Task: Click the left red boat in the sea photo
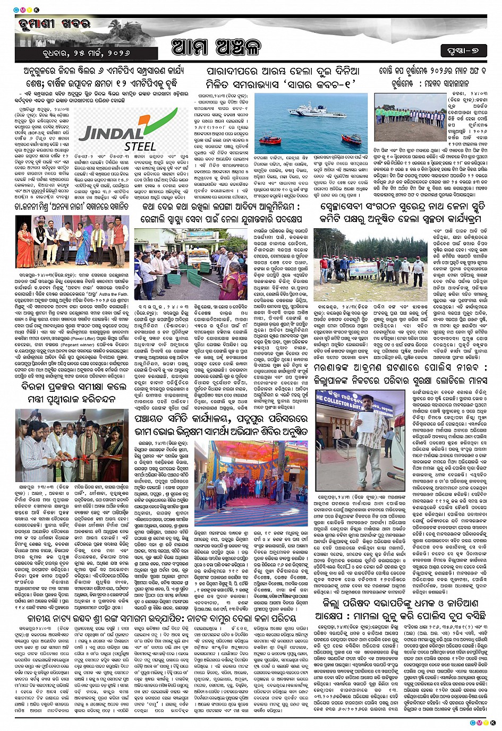coord(270,141)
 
